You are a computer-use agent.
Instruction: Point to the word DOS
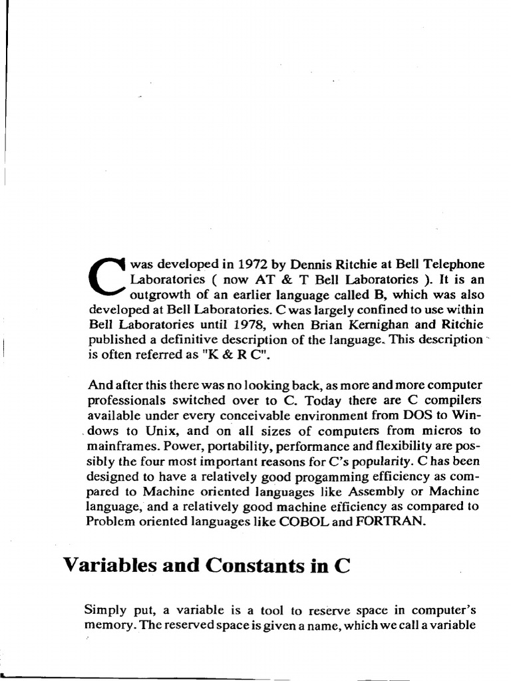point(414,416)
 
